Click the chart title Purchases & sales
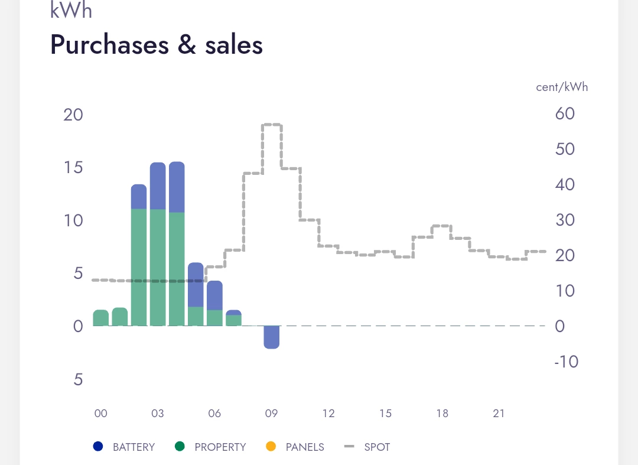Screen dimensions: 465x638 coord(157,45)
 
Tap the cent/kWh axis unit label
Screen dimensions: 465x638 coord(562,87)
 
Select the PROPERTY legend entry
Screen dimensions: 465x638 coord(211,447)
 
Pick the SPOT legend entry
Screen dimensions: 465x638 coord(367,447)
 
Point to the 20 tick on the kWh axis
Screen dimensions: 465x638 coord(73,115)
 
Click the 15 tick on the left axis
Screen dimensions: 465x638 coord(73,168)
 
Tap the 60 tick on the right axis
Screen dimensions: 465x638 coord(565,113)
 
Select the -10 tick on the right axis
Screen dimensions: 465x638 coord(566,362)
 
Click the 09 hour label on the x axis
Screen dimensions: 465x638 coord(271,414)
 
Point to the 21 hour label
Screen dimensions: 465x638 coord(499,414)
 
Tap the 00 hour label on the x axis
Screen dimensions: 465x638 coord(101,414)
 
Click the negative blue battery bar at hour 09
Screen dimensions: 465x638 coord(271,337)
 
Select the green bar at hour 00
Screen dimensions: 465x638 coord(101,318)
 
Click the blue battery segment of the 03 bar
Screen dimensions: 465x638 coord(158,186)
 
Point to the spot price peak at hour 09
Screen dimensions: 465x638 coord(272,125)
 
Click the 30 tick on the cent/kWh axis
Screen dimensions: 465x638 coord(565,220)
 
